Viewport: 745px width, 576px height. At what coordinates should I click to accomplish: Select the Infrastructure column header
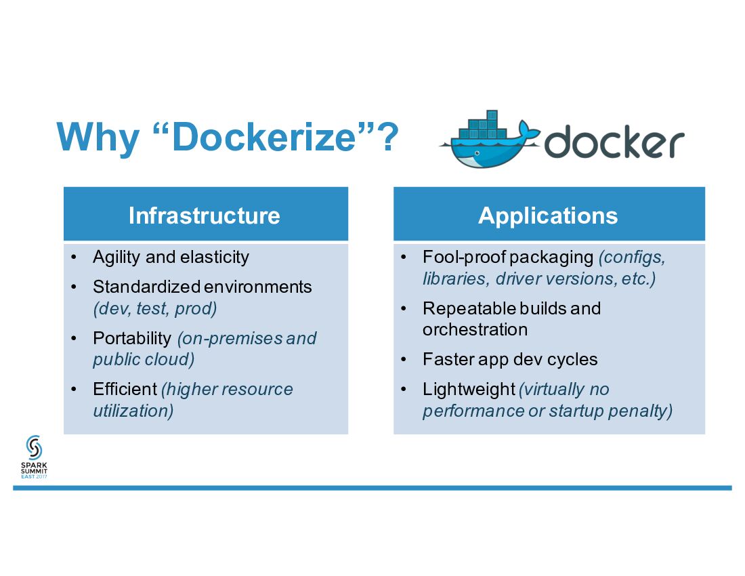point(205,215)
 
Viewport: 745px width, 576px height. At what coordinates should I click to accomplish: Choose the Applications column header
point(548,215)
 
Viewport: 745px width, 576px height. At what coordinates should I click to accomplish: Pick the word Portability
point(132,338)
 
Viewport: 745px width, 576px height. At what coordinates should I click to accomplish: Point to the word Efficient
point(125,389)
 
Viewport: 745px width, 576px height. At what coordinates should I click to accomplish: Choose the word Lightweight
point(469,389)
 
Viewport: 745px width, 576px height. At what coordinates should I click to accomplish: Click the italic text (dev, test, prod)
point(155,308)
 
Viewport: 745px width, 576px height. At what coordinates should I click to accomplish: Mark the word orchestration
point(475,330)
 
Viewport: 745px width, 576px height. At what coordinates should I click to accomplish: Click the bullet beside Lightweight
point(404,389)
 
